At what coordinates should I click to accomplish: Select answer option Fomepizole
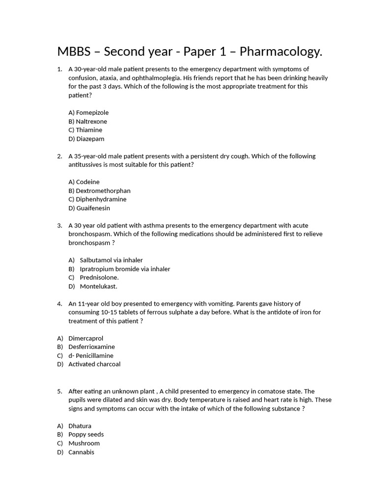(x=89, y=113)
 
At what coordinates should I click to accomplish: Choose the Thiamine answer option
(x=86, y=130)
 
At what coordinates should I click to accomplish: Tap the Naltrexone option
(x=88, y=122)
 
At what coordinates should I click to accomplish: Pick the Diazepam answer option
(x=87, y=139)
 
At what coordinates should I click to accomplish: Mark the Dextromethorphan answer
(x=99, y=191)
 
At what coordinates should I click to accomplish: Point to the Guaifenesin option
(x=89, y=208)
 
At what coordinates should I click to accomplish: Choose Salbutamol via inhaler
(x=111, y=260)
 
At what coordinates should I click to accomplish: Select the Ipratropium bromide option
(x=125, y=269)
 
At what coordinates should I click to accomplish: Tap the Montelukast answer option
(x=98, y=286)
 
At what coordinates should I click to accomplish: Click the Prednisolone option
(x=99, y=278)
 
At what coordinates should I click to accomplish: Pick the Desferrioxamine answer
(x=92, y=347)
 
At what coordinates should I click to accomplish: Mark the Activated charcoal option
(x=94, y=364)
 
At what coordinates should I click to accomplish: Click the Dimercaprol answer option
(x=86, y=339)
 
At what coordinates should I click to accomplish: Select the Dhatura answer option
(x=80, y=426)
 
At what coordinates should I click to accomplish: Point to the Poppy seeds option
(x=86, y=435)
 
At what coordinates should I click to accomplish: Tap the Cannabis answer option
(x=81, y=452)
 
